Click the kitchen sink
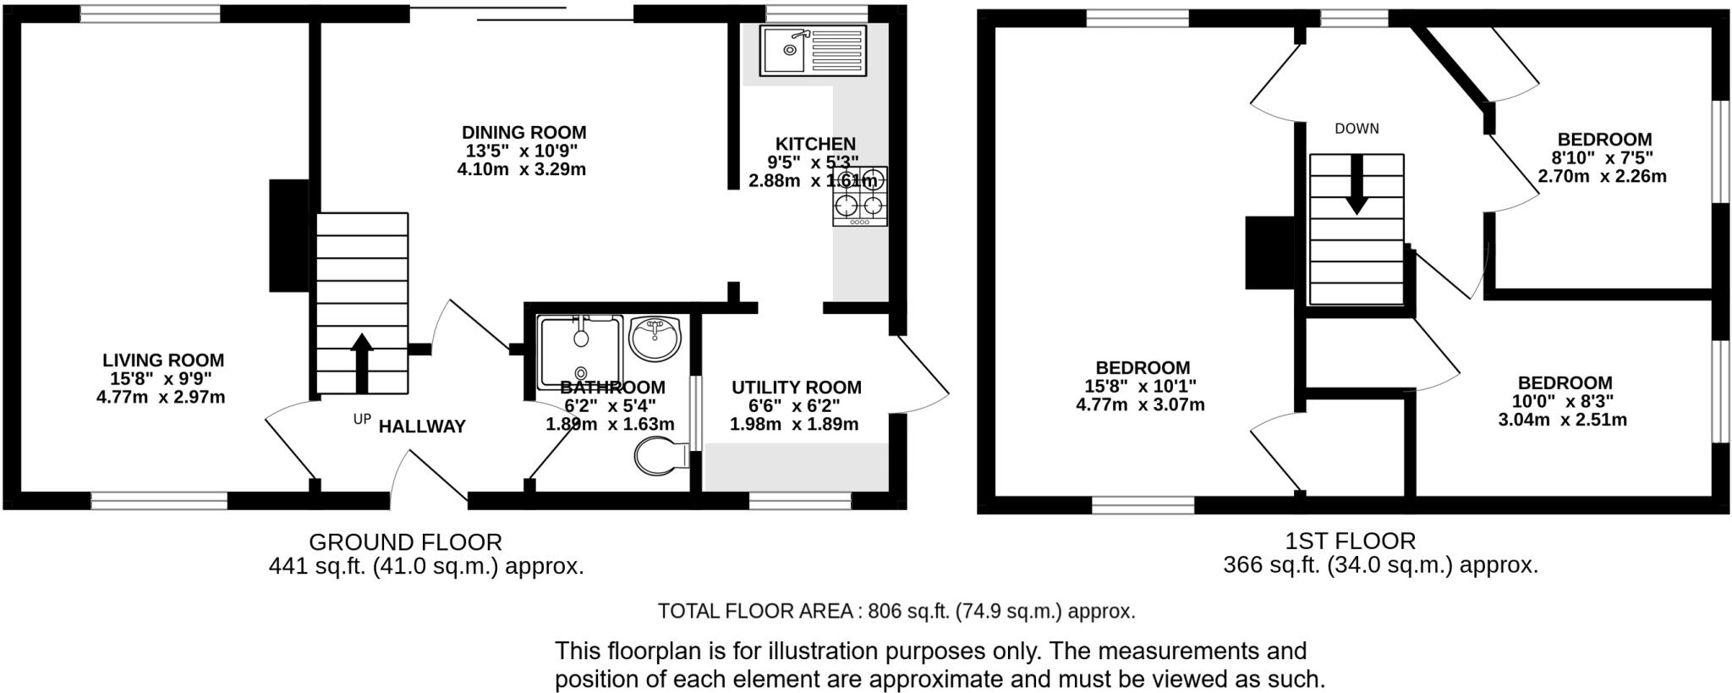pos(812,51)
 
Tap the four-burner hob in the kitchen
pos(859,196)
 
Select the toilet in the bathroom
pos(661,457)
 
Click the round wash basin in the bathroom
pos(655,338)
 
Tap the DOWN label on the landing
pos(1357,129)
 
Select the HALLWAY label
pos(422,426)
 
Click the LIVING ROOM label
pos(163,360)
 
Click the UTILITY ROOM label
pos(796,388)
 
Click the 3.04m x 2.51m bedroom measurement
pos(1563,420)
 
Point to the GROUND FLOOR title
pos(405,542)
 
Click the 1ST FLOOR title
pos(1350,541)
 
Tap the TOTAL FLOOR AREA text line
pos(896,611)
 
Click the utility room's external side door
pos(922,372)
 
